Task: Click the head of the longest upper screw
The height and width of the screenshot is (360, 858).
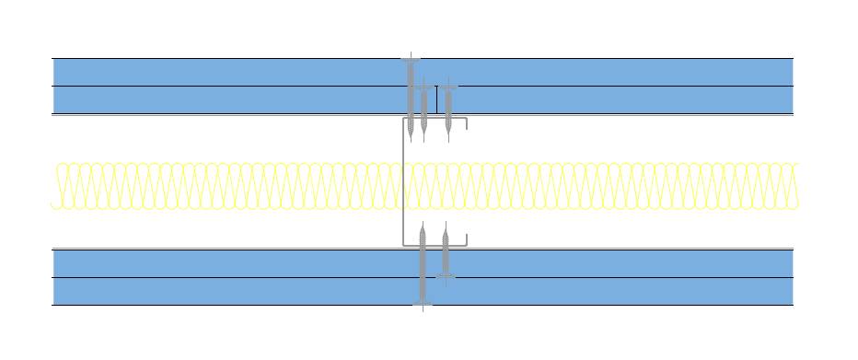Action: click(x=410, y=61)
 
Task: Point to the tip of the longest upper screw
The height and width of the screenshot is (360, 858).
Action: click(x=410, y=141)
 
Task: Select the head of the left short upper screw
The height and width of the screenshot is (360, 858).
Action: click(x=423, y=88)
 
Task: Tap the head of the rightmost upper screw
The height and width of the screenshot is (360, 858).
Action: click(x=448, y=88)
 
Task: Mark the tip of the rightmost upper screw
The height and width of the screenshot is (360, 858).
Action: click(x=448, y=141)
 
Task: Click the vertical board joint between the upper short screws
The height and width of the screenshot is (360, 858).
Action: click(x=436, y=99)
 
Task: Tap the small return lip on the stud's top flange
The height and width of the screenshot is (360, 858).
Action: click(x=467, y=124)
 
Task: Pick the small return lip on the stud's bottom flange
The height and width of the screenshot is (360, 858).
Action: click(x=467, y=239)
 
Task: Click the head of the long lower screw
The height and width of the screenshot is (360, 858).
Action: click(x=423, y=304)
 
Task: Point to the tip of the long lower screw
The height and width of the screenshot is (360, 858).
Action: click(x=423, y=224)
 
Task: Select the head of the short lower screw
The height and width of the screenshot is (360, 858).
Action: click(x=445, y=276)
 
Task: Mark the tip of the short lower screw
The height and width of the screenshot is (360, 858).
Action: click(x=445, y=224)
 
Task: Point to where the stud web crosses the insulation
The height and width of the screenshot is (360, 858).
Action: click(x=403, y=185)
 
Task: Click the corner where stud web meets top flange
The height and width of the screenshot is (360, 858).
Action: click(x=403, y=119)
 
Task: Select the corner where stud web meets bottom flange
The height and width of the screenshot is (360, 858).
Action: click(x=403, y=245)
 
